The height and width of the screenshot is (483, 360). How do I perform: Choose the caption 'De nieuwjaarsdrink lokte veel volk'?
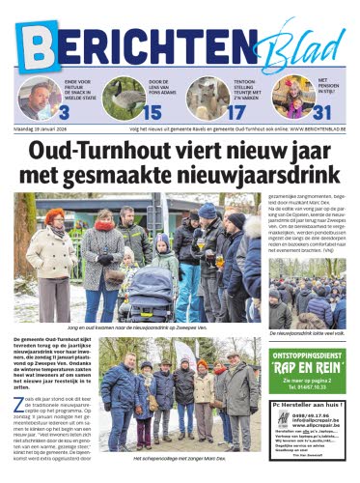click(x=308, y=331)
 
